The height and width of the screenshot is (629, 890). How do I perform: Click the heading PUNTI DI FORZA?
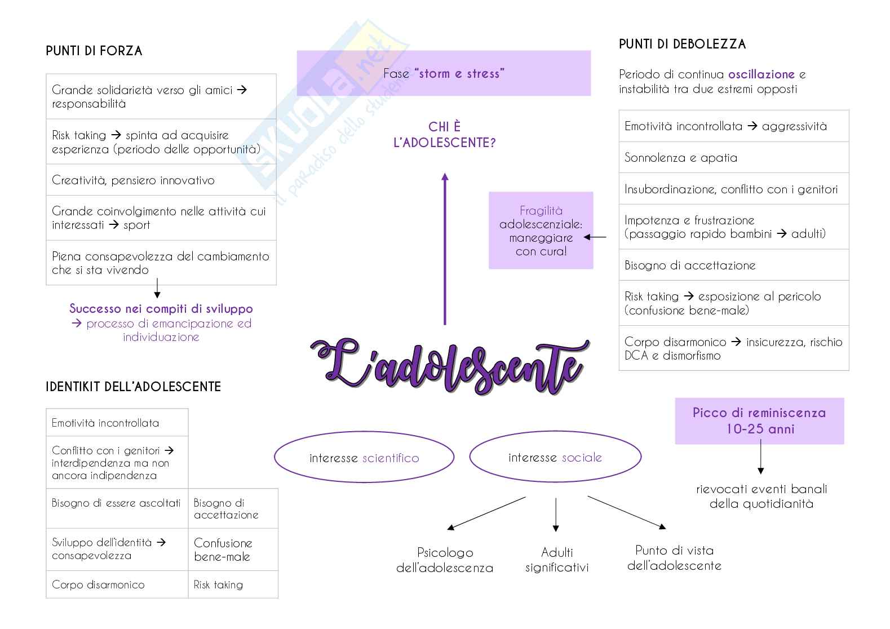pos(94,51)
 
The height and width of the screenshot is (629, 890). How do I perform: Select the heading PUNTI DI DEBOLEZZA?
pos(682,45)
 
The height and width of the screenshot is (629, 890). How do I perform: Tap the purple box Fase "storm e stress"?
pos(444,73)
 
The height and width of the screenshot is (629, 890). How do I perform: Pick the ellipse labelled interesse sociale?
pos(555,458)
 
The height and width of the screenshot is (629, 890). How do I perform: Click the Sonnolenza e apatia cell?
pos(733,158)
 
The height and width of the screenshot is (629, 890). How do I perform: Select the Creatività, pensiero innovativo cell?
pos(161,180)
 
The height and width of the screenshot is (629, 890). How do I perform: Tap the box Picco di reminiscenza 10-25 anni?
pos(759,421)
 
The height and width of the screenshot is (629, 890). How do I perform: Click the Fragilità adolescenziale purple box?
pos(541,231)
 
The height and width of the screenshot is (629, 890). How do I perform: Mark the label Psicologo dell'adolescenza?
pos(445,560)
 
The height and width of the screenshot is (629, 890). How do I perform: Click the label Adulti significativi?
pos(557,560)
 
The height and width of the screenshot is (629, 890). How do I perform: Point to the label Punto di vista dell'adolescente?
pos(674,558)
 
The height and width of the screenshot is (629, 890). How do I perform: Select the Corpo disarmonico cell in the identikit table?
pos(117,584)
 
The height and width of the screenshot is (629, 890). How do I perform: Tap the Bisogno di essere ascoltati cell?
pos(117,503)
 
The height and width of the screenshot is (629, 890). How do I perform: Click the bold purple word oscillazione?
pos(761,74)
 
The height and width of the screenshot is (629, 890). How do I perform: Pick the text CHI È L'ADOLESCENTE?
pos(444,135)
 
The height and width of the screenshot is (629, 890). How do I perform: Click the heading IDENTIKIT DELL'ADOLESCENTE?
pos(133,387)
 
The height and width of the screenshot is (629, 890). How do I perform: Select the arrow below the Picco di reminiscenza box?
pos(760,457)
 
